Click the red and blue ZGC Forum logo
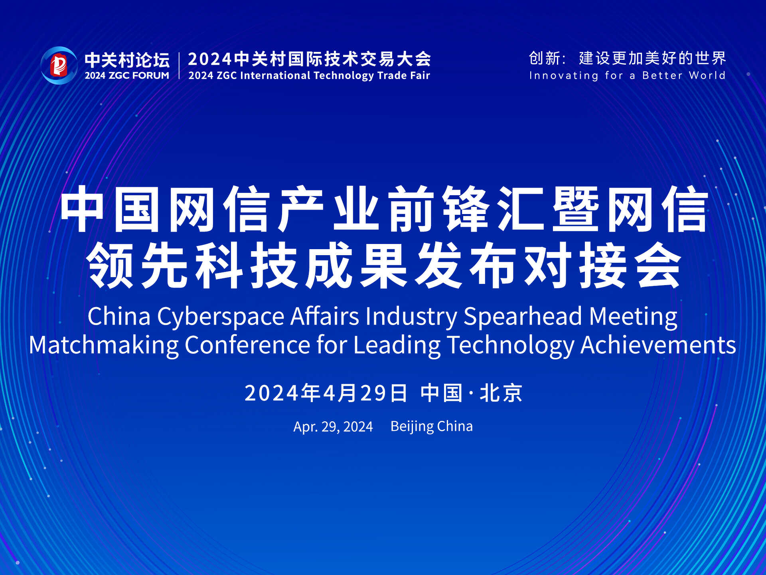tap(59, 65)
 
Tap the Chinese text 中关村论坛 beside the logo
tap(127, 60)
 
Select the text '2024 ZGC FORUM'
tap(127, 75)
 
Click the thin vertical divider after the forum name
tap(179, 66)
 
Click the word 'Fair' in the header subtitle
tap(420, 75)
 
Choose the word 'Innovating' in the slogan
tap(564, 76)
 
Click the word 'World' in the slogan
tap(707, 75)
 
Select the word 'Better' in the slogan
tap(662, 75)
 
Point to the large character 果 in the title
tap(383, 265)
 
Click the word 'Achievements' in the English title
tap(658, 345)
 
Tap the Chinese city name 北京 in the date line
tap(501, 393)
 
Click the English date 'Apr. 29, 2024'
tap(333, 427)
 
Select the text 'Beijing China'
tap(432, 426)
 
